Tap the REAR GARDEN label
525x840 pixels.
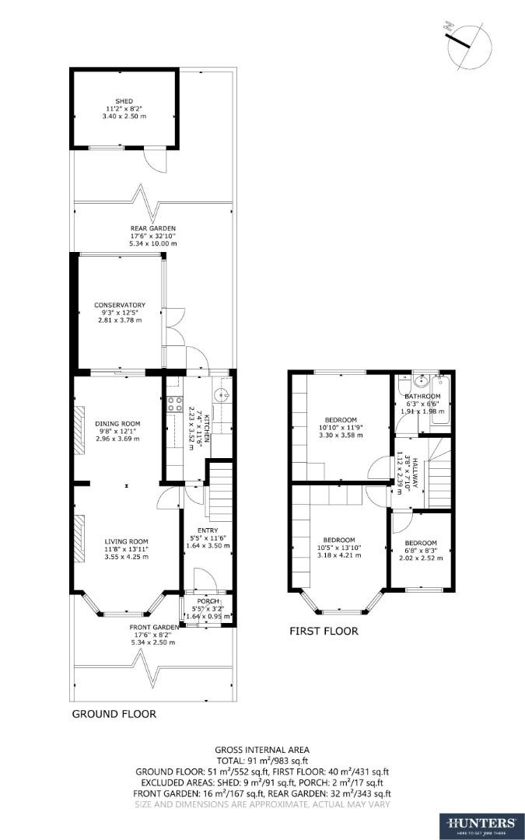click(152, 229)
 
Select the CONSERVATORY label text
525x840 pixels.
click(120, 305)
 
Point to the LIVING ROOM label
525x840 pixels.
click(127, 541)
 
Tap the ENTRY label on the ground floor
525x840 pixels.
click(206, 530)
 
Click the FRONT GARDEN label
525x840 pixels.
click(153, 627)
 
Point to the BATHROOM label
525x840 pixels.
click(422, 397)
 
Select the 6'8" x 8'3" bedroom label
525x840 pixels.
click(420, 543)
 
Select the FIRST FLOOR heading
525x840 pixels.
click(324, 632)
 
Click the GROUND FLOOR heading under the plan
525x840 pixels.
click(114, 713)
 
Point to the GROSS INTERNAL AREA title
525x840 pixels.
click(262, 750)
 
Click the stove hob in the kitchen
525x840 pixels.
click(173, 404)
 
